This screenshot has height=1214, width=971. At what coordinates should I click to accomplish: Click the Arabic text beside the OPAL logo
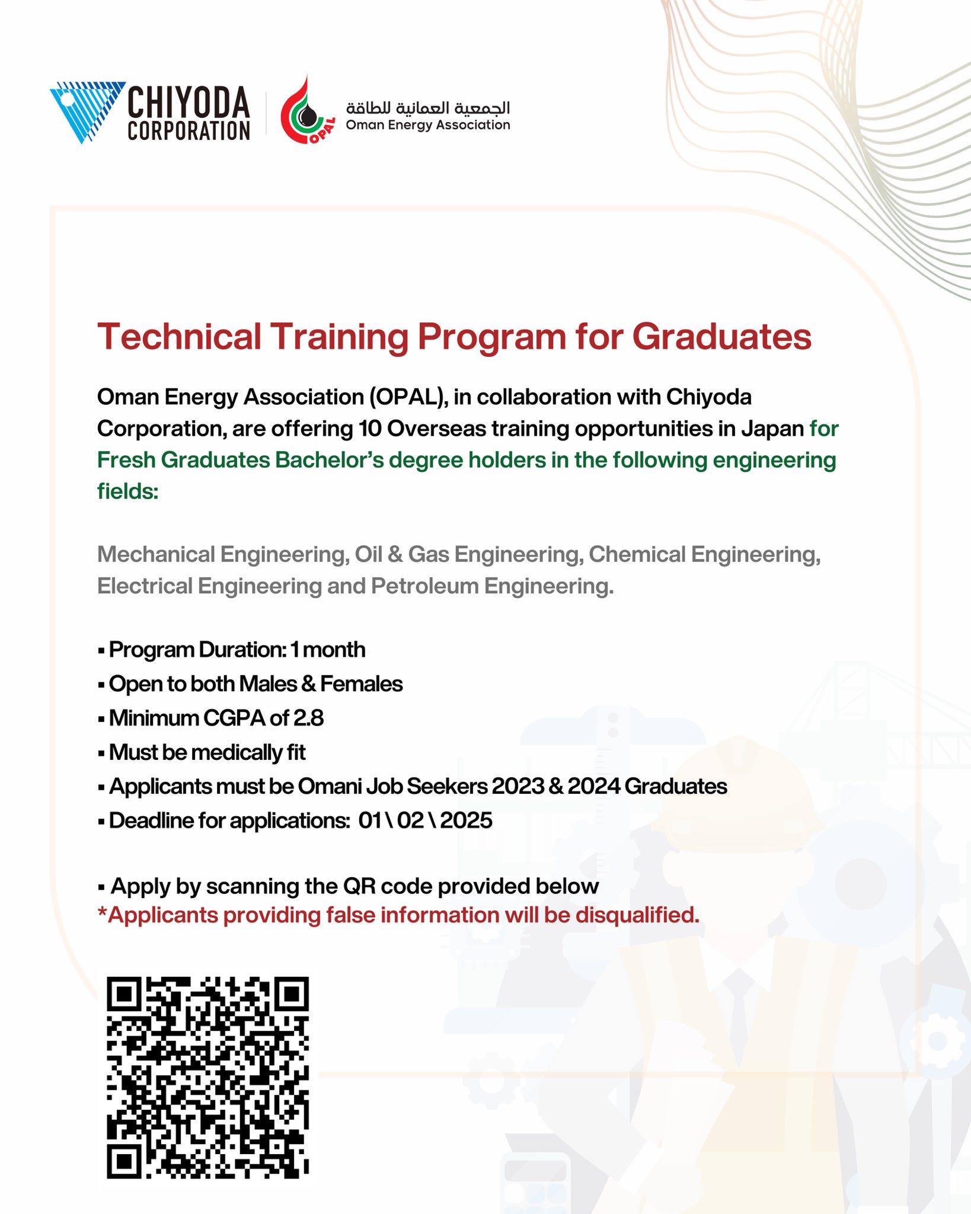(x=428, y=107)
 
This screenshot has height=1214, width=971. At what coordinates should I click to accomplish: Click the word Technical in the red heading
(x=179, y=337)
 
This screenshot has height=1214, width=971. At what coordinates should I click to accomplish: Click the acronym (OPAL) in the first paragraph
(x=408, y=397)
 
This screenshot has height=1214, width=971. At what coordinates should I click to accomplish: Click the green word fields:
(x=127, y=491)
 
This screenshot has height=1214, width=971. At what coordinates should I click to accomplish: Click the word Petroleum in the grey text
(x=425, y=586)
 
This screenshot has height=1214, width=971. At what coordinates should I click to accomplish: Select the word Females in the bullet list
(x=362, y=684)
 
